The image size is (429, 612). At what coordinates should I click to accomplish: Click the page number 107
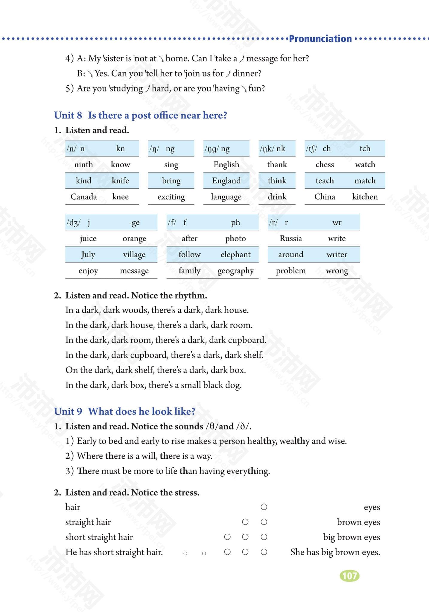349,576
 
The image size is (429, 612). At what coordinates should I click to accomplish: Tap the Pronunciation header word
320,39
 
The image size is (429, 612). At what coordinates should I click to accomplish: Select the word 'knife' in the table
120,180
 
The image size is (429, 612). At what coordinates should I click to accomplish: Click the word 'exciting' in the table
171,197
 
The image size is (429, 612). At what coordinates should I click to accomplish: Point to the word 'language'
226,197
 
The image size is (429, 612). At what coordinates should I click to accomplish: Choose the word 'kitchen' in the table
365,197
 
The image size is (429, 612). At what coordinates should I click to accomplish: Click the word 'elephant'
235,255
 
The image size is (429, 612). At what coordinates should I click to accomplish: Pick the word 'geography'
235,271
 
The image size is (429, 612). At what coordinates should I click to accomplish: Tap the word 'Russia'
291,238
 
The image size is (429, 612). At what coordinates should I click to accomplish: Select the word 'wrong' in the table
337,271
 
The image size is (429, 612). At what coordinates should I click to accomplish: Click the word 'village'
134,255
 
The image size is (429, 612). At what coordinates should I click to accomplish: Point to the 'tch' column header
365,149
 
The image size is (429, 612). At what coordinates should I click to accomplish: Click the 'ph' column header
235,222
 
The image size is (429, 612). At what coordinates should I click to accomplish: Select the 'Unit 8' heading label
68,115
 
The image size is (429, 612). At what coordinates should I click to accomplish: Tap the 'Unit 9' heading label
68,411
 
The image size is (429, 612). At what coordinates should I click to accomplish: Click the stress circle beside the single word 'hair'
264,507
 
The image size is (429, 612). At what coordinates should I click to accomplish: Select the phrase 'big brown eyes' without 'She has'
351,537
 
